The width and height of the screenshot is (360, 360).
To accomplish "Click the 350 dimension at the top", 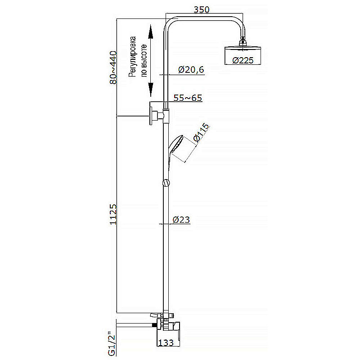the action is (x=202, y=9).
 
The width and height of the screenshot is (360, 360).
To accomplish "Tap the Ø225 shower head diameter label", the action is (x=243, y=60).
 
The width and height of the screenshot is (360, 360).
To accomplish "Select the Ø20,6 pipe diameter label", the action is (x=191, y=70).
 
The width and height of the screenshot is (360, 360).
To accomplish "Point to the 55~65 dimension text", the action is (x=188, y=98).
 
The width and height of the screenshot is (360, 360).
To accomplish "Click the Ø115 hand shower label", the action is (x=201, y=133).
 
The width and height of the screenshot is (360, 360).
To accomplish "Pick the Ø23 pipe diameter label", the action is (x=181, y=220).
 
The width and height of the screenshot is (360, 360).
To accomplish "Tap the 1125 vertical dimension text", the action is (x=113, y=214).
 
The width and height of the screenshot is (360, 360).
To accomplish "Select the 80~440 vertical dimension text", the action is (x=113, y=67).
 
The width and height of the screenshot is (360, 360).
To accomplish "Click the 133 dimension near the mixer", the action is (x=166, y=343).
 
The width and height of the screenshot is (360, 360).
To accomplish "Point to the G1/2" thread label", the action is (x=112, y=343).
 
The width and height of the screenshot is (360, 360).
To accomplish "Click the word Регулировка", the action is (x=132, y=57).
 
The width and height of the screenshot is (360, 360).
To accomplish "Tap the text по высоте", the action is (x=144, y=61).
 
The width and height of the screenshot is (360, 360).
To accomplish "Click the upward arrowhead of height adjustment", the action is (x=150, y=31).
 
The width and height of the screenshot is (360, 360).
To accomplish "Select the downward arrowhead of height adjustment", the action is (x=150, y=90).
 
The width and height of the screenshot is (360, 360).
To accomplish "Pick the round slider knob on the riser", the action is (x=166, y=183).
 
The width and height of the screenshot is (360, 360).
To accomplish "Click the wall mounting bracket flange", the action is (x=151, y=116).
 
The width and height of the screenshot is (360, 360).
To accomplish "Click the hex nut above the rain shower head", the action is (x=243, y=42).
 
